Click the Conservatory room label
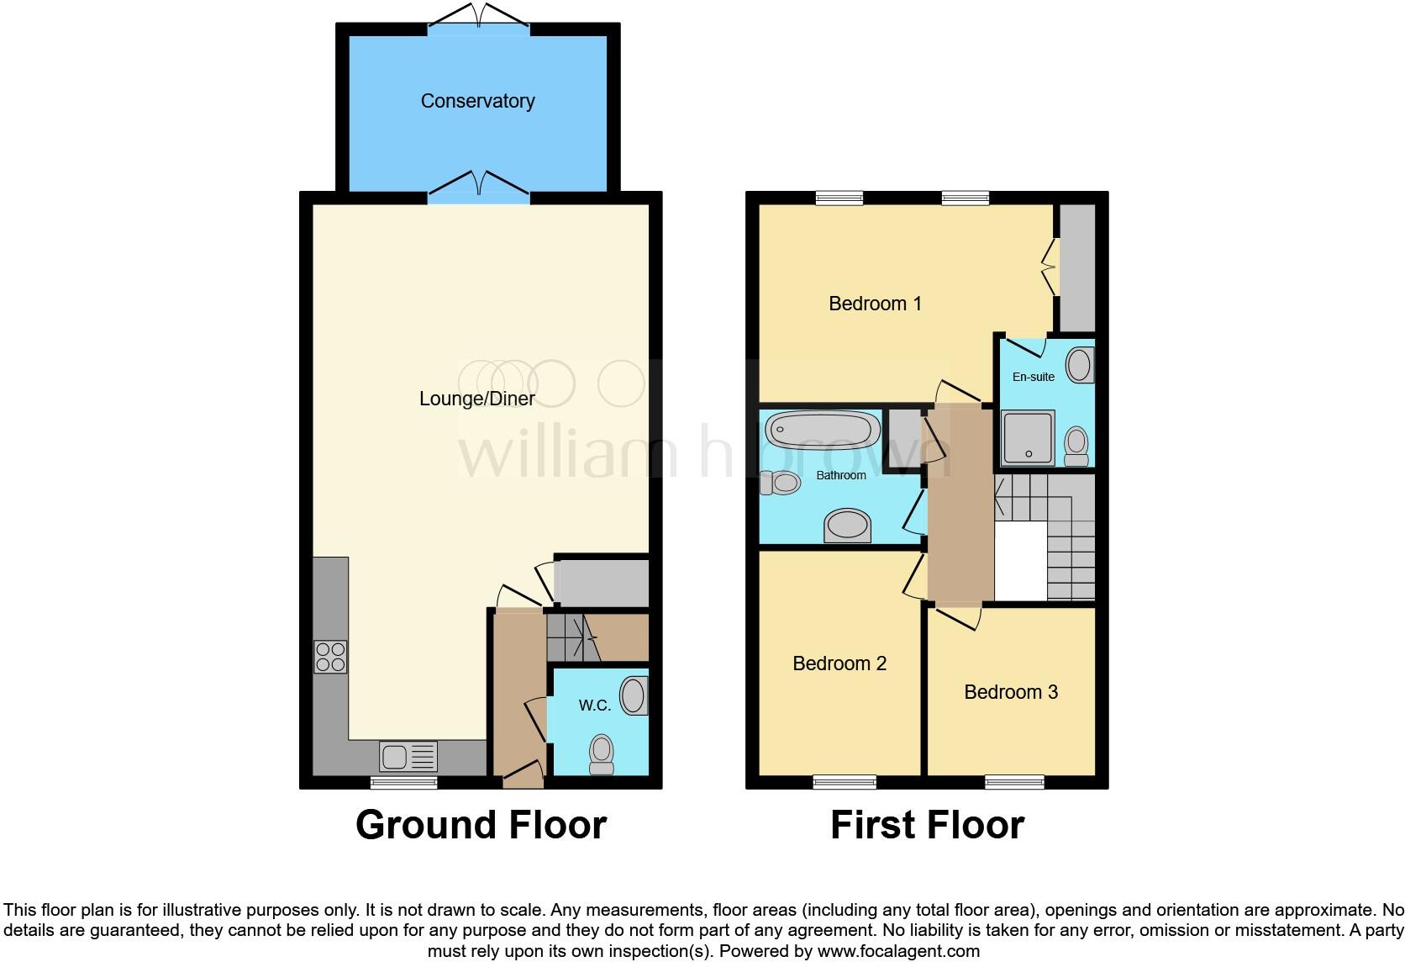click(477, 101)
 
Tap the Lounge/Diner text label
click(476, 399)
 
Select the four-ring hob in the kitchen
click(330, 657)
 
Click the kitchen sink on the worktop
click(408, 756)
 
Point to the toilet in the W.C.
click(602, 754)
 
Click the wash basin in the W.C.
click(634, 696)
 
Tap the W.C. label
click(594, 706)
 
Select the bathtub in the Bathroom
click(822, 431)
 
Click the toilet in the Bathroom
click(780, 483)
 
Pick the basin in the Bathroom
click(847, 526)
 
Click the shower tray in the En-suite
click(1027, 437)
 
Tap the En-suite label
click(1033, 377)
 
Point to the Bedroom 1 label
click(875, 304)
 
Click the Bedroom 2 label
click(839, 663)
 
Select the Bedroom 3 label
click(1010, 692)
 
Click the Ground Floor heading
click(481, 825)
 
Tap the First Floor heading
click(927, 825)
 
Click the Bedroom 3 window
click(1014, 782)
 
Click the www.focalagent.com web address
click(897, 952)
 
